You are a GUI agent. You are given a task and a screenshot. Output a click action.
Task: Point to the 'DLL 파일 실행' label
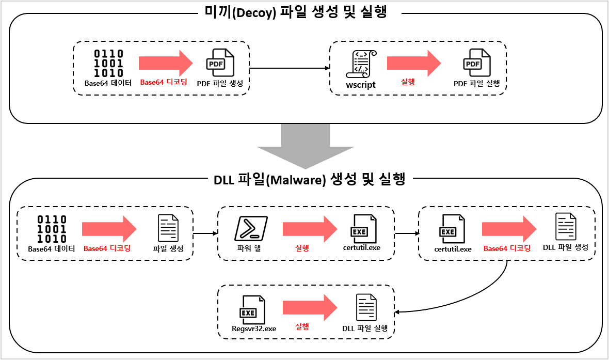[x=365, y=328]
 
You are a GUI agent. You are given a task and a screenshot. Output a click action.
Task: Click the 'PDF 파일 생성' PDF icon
[x=220, y=63]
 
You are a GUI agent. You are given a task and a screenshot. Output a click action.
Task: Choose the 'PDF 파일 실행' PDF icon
[x=476, y=63]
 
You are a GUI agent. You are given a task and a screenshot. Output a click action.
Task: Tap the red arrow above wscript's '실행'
[x=414, y=64]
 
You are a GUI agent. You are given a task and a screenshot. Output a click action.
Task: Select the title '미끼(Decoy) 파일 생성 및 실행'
[x=303, y=12]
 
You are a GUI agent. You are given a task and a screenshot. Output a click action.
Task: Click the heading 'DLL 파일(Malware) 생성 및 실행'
[x=309, y=180]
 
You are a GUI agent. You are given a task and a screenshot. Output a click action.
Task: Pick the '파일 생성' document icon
[x=168, y=228]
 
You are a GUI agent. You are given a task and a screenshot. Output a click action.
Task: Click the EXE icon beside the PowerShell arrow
[x=363, y=228]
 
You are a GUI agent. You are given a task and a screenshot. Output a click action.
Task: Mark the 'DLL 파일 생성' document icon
[x=566, y=227]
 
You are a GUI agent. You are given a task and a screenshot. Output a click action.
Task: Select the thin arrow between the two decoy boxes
[x=290, y=68]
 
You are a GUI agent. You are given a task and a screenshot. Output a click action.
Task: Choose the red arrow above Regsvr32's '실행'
[x=310, y=308]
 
